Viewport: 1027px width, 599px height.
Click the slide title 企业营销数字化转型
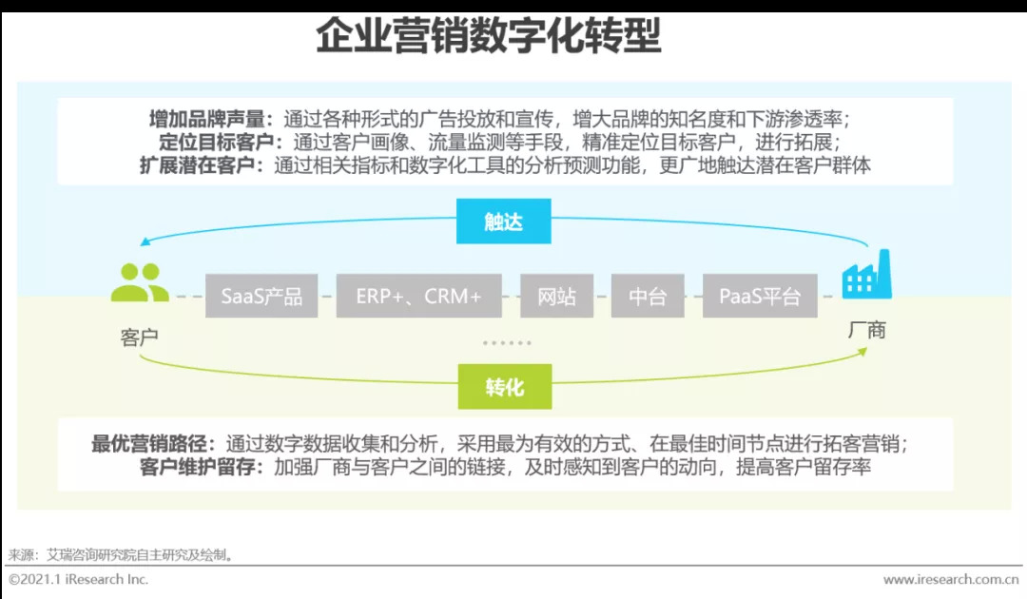coord(488,39)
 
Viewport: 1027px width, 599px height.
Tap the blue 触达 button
coord(503,222)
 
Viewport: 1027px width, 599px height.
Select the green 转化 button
coord(504,387)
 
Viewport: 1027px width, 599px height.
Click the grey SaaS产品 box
coord(262,296)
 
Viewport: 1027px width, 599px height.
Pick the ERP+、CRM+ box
coord(419,296)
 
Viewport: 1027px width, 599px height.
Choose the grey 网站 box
coord(556,296)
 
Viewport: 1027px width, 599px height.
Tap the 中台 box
coord(648,296)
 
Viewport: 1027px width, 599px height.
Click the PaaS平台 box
coord(760,296)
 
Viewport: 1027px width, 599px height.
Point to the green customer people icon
coord(139,283)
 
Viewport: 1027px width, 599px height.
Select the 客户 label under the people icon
coord(139,338)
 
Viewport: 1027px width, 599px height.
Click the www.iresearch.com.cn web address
coord(950,579)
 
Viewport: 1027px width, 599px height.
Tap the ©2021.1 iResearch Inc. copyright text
coord(78,579)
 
